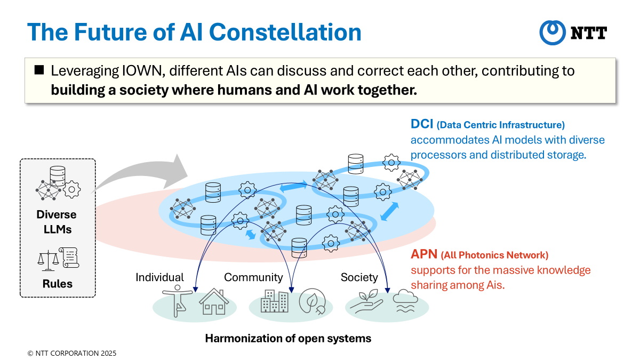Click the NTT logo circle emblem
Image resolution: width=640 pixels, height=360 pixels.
(553, 33)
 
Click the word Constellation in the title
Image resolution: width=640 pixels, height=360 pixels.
(285, 32)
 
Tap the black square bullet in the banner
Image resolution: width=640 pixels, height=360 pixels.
(39, 70)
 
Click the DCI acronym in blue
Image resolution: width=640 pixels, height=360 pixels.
(422, 124)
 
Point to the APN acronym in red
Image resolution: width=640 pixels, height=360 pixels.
(424, 254)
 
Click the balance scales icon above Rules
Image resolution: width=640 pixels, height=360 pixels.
(48, 261)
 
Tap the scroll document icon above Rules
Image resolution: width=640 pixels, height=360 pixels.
(69, 258)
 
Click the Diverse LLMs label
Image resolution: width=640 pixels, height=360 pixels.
(57, 222)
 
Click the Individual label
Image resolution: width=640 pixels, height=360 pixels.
(159, 277)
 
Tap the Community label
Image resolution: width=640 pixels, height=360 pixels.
(253, 277)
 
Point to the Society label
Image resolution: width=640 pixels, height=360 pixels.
(359, 277)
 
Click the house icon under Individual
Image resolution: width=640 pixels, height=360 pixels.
(214, 302)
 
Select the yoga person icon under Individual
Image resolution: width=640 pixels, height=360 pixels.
(178, 301)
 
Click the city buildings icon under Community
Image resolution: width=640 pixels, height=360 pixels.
(275, 301)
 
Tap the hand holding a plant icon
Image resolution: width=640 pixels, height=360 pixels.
(366, 302)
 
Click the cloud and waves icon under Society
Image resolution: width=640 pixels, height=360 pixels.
(405, 301)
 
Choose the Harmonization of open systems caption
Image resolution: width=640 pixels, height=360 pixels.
(288, 338)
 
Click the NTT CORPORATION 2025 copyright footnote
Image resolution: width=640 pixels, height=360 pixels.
(72, 353)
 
